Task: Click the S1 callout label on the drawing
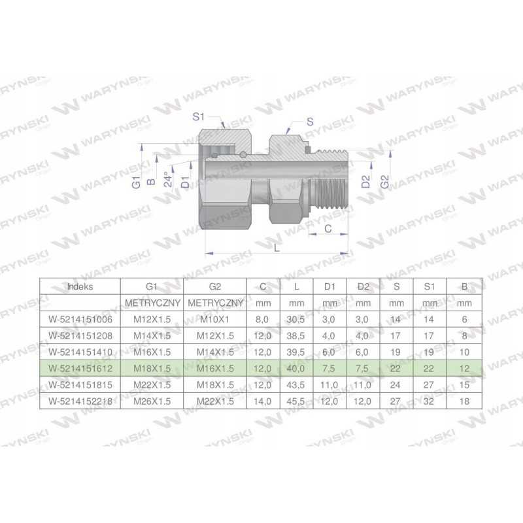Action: pos(199,117)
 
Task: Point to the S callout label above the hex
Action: pos(310,122)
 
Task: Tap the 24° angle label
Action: pos(168,179)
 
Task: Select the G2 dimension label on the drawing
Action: pos(384,182)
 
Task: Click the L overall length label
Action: pos(277,248)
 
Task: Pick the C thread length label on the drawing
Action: pos(328,228)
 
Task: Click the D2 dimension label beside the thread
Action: pos(366,182)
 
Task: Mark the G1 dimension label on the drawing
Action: pos(136,182)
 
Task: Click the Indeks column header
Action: pos(80,286)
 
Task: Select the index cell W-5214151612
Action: pos(80,369)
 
